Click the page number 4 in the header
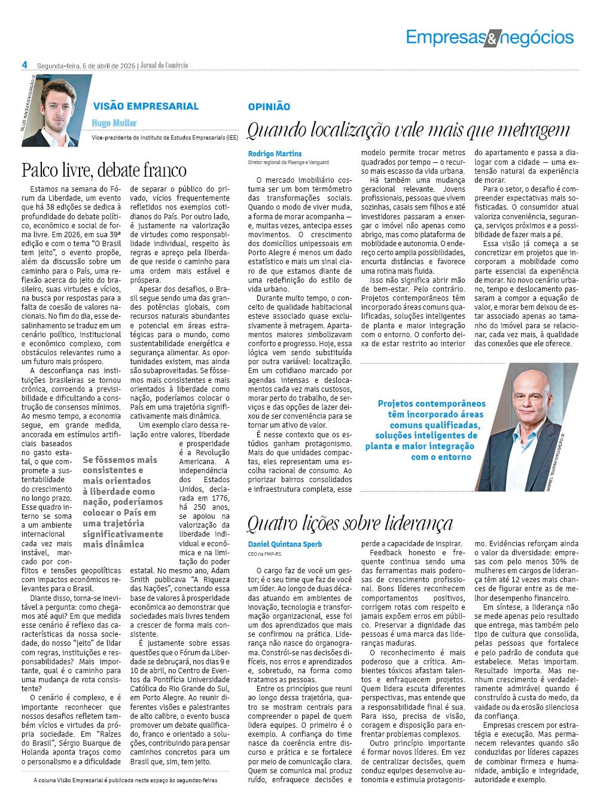(25, 65)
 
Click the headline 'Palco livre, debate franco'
(104, 170)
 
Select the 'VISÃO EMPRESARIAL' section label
(146, 106)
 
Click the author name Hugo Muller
(114, 123)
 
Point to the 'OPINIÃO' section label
(269, 107)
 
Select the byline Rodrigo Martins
(275, 153)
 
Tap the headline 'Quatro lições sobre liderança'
(350, 523)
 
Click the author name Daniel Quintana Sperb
(285, 544)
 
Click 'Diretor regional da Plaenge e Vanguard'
(288, 162)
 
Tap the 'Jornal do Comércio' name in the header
(164, 65)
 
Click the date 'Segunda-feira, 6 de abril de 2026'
(86, 65)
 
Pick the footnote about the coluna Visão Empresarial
(126, 780)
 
